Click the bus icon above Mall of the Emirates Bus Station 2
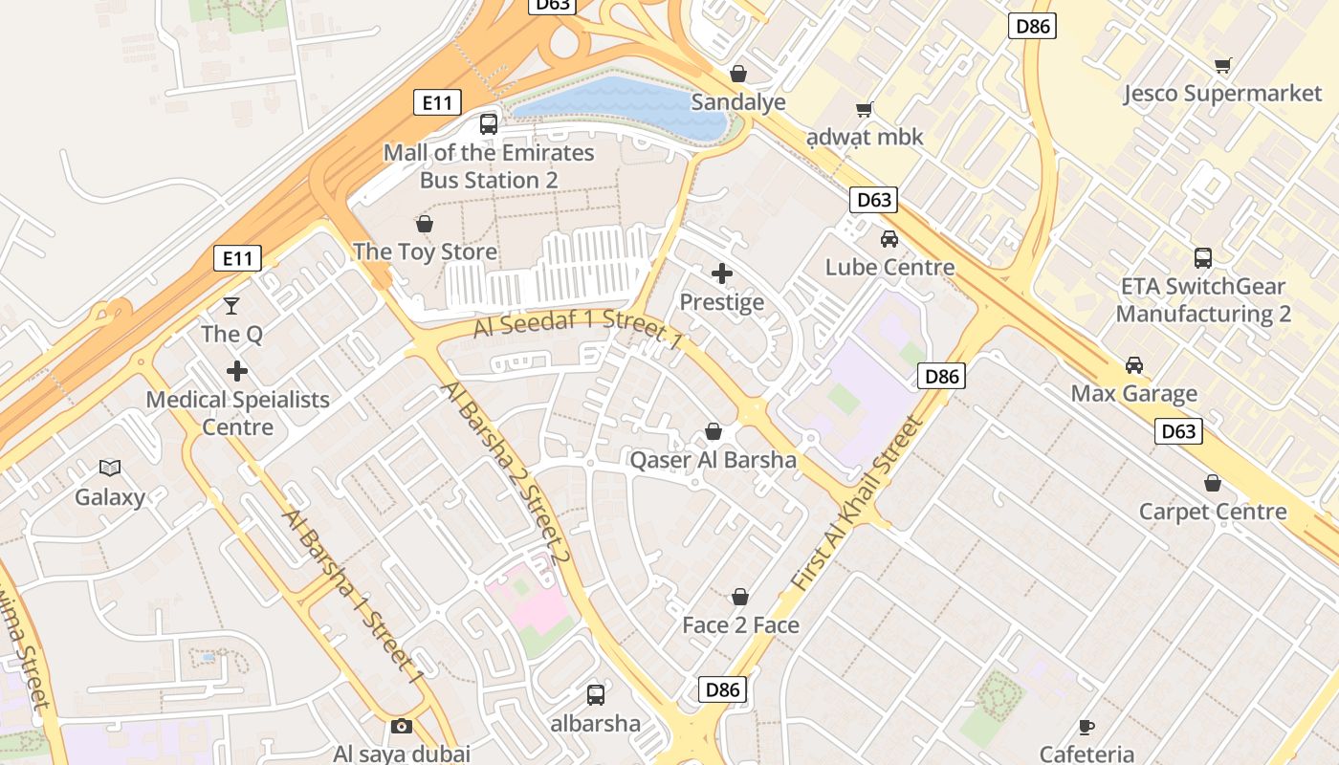[489, 123]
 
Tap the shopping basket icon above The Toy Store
[425, 224]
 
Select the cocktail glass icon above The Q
[231, 306]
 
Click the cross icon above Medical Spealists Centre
[237, 371]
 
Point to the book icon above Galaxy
[110, 468]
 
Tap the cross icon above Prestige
[722, 274]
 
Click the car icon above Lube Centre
[889, 239]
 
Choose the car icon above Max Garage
[1134, 365]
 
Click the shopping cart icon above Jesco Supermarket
[1222, 65]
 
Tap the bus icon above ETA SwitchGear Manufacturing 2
[1203, 257]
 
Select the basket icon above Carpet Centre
[1213, 483]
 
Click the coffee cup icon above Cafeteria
[1087, 726]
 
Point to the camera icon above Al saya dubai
[402, 726]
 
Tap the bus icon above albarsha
[595, 694]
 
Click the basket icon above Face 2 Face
[740, 597]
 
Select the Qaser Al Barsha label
[713, 460]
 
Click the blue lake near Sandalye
[622, 105]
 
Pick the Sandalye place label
[738, 102]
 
